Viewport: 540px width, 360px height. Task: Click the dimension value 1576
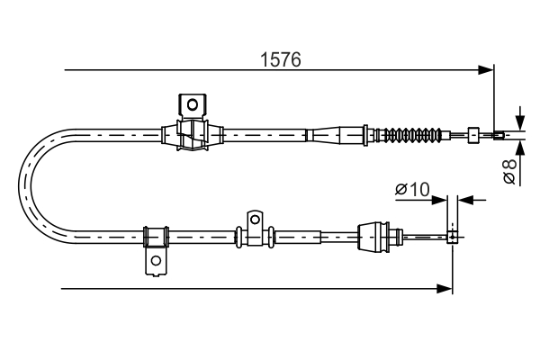[280, 59]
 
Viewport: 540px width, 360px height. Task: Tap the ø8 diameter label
[510, 171]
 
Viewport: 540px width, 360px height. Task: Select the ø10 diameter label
[413, 189]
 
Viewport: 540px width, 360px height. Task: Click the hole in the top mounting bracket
[192, 103]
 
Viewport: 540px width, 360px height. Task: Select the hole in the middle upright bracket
[255, 218]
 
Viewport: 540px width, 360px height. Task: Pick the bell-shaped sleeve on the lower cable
[373, 238]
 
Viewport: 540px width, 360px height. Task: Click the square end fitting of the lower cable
[453, 238]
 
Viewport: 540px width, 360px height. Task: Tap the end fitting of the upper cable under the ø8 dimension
[499, 136]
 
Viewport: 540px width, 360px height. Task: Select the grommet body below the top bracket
[191, 138]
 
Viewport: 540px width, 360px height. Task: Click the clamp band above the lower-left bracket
[156, 237]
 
